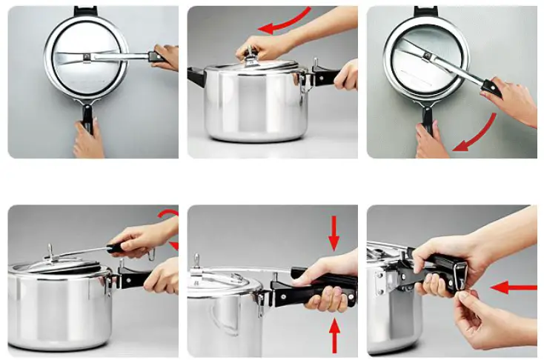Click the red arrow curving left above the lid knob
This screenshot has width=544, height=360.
(x=285, y=20)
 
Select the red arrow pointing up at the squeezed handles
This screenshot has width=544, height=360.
(x=334, y=333)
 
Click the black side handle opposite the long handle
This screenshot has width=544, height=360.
(x=197, y=76)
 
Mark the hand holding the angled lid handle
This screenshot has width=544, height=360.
(x=511, y=100)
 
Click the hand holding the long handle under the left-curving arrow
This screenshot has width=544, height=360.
(x=346, y=75)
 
